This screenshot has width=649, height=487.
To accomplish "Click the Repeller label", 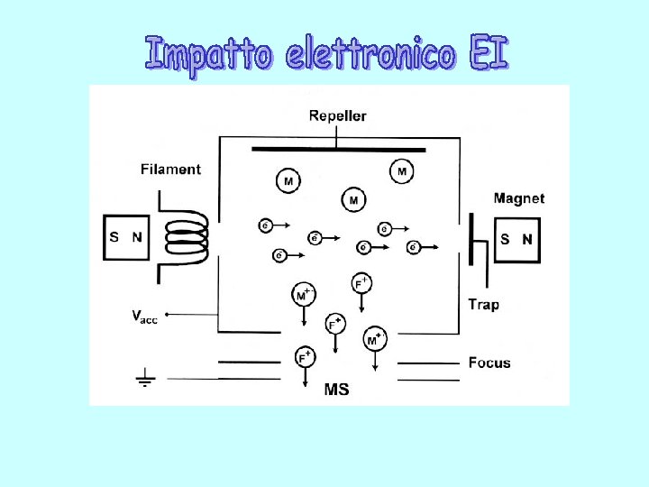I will (337, 115).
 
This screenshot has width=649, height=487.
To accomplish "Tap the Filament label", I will (170, 169).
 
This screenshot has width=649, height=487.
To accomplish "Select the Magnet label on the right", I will (518, 198).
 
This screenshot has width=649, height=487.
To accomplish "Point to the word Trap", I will (483, 304).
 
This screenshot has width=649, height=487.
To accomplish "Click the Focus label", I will (489, 363).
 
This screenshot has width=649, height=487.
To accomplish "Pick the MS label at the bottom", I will (336, 390).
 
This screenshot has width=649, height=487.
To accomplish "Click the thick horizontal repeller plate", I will (338, 149).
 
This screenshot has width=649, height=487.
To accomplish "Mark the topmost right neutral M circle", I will (401, 171).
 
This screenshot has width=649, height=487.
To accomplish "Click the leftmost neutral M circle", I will (288, 181).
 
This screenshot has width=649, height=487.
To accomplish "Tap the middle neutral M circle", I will (353, 199).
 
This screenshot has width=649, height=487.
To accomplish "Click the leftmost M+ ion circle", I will (304, 294).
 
